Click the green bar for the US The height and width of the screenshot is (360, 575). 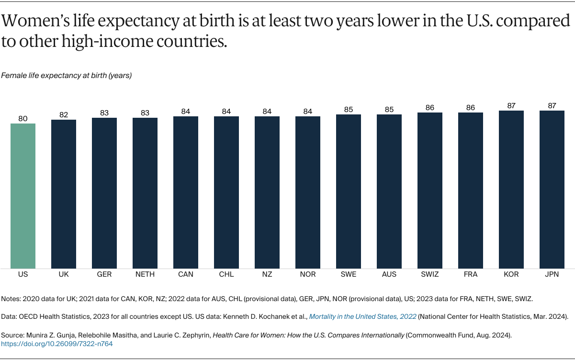[23, 196]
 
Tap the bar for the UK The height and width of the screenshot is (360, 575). [64, 194]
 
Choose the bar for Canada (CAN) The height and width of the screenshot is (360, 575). [186, 192]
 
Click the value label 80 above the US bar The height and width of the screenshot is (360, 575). [23, 119]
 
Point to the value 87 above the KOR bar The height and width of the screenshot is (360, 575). [511, 106]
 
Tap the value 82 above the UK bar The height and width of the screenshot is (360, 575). [64, 115]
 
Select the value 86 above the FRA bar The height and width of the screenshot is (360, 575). [470, 108]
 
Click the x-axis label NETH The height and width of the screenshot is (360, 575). [145, 274]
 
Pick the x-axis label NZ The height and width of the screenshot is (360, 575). [267, 274]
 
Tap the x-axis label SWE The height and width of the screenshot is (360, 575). [349, 274]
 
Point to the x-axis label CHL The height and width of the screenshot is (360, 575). [226, 274]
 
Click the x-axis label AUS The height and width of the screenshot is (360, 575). [389, 274]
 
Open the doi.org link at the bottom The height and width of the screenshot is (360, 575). [57, 344]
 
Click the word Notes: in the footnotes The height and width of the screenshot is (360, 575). [12, 298]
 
